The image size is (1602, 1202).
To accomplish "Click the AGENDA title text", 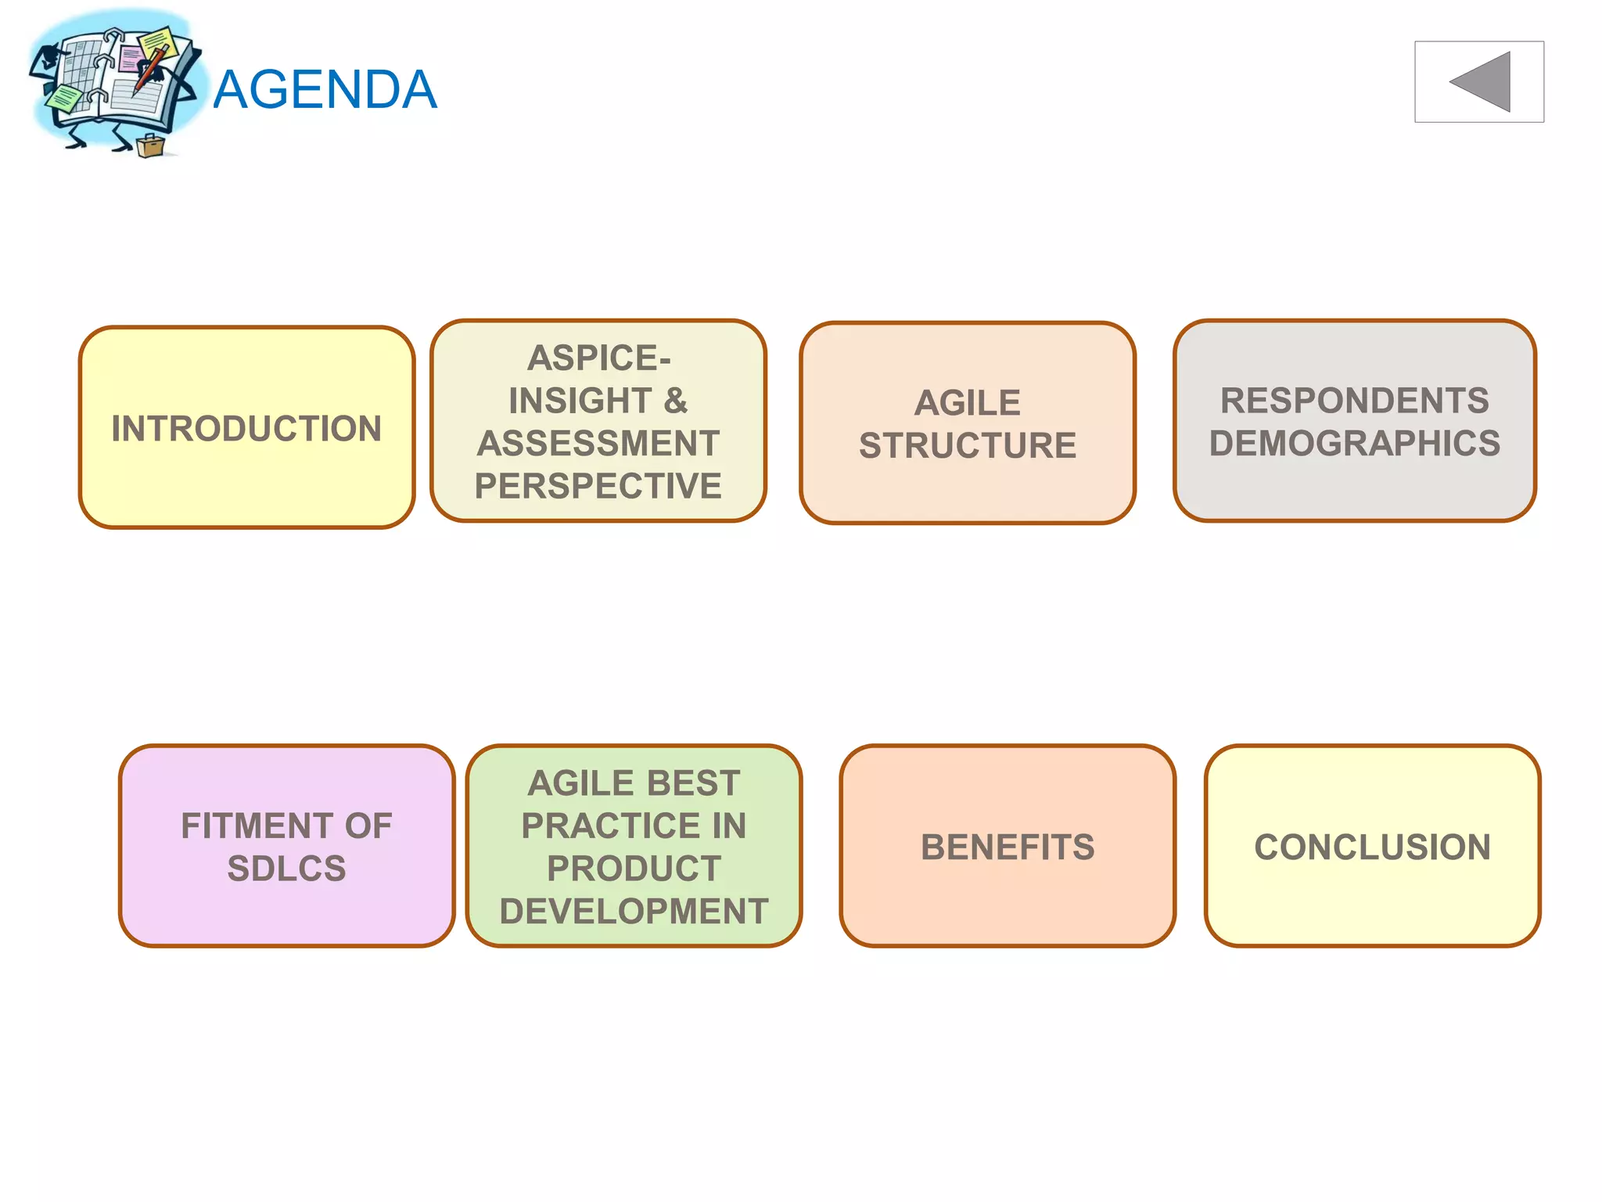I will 325,89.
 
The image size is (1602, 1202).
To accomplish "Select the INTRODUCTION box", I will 246,428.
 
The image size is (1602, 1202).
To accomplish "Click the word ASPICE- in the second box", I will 598,358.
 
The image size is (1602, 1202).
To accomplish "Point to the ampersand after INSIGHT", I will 676,401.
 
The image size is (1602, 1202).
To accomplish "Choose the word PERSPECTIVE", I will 598,486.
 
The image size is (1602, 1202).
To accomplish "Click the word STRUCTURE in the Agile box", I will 968,446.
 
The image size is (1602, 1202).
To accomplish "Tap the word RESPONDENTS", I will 1354,401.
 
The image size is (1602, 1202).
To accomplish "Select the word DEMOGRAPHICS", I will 1354,444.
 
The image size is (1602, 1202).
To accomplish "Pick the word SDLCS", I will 286,869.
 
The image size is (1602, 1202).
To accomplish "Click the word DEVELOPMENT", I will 634,912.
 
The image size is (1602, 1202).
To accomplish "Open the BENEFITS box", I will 1008,847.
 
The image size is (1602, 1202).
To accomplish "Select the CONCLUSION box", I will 1372,847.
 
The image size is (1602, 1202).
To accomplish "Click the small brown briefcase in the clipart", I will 149,146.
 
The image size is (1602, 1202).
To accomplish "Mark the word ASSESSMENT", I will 598,444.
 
